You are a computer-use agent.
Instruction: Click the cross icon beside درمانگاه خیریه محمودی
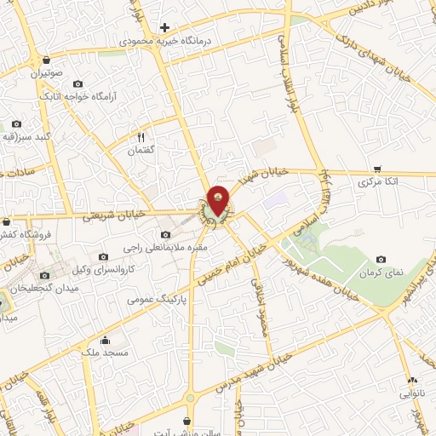164,27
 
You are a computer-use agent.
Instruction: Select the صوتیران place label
49,74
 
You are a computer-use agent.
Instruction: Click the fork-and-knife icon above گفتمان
142,136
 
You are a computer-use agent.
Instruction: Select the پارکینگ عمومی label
158,300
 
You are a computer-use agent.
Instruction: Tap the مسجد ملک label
108,352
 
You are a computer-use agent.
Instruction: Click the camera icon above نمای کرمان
381,259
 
